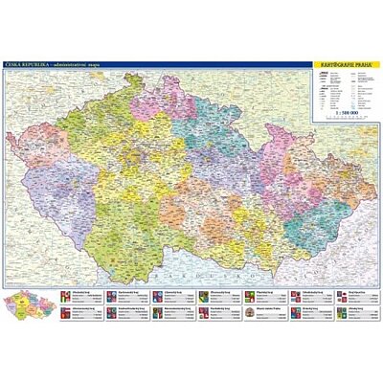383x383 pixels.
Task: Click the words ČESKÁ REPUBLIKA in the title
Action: point(26,63)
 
